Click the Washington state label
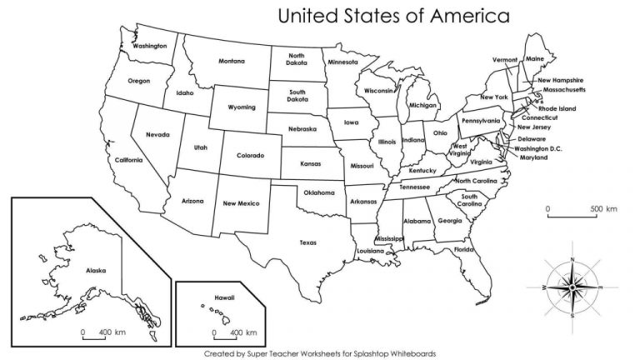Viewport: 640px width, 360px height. (x=150, y=46)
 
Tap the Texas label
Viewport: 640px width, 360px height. (x=308, y=242)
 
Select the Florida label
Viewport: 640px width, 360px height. (x=463, y=249)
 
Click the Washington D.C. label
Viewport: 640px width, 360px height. (x=537, y=148)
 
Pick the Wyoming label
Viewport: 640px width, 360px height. (x=242, y=107)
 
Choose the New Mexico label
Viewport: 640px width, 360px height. (x=241, y=203)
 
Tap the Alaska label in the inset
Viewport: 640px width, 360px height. (x=95, y=271)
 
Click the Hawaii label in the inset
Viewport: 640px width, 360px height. (x=221, y=296)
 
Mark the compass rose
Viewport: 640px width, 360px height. (x=573, y=286)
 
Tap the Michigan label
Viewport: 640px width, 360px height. (x=423, y=106)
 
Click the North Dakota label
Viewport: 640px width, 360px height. (x=296, y=60)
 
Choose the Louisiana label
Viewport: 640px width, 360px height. (x=370, y=251)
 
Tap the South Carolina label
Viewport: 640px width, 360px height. (x=468, y=201)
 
